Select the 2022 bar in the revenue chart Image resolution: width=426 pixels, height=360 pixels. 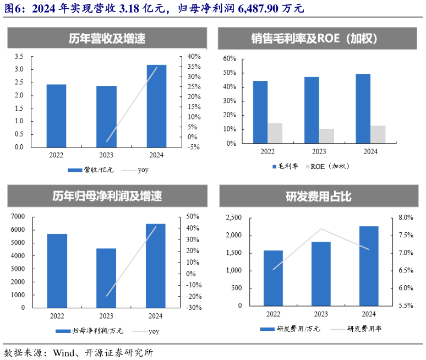tap(56, 116)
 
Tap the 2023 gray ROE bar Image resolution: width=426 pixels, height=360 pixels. tap(326, 136)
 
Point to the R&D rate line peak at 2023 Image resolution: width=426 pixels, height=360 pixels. tap(321, 229)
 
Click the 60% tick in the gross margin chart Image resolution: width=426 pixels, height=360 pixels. tap(230, 59)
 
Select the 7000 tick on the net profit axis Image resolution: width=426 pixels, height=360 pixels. tap(18, 216)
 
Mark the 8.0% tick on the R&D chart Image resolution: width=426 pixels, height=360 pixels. tap(405, 218)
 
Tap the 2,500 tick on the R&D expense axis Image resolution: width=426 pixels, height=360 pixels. tap(234, 218)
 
